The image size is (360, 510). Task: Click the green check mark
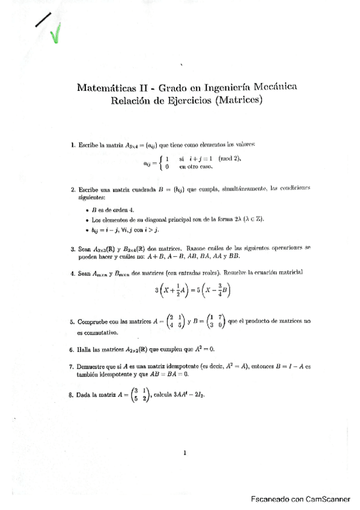tap(56, 34)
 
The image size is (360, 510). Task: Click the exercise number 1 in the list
tap(72, 144)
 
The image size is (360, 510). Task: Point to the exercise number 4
tap(72, 273)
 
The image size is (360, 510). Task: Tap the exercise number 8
tap(72, 396)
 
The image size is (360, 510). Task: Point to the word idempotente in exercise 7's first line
tap(177, 366)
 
